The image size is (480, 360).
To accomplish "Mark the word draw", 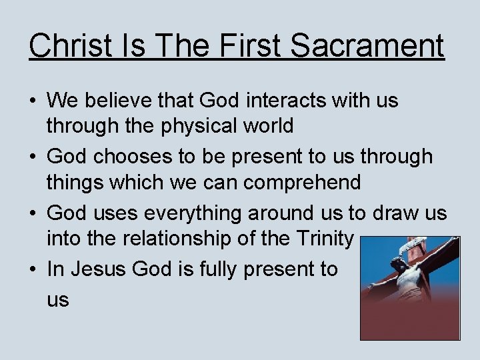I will [x=402, y=213].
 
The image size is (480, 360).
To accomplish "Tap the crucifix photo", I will [x=409, y=288].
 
